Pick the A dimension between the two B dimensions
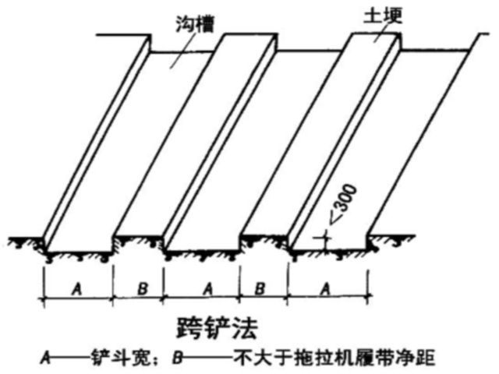pyautogui.click(x=207, y=288)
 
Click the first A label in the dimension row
pyautogui.click(x=77, y=288)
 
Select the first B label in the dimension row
pyautogui.click(x=142, y=288)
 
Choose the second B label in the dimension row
pyautogui.click(x=262, y=288)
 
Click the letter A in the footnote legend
pyautogui.click(x=48, y=358)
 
